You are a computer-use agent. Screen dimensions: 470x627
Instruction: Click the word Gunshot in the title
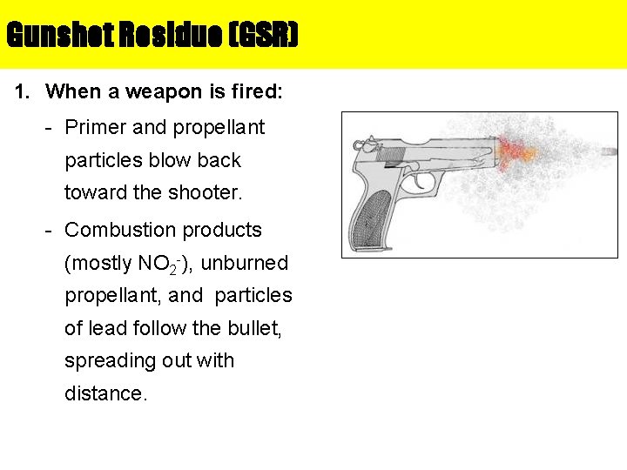click(49, 36)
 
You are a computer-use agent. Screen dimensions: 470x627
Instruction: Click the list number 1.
click(23, 91)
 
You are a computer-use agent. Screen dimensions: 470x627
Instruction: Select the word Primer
click(95, 128)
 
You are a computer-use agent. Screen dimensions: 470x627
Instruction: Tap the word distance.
click(106, 393)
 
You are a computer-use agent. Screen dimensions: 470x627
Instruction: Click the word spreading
click(108, 360)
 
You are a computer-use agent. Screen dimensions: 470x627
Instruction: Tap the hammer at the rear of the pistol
click(362, 143)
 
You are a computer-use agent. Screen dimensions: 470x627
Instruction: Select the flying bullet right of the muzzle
click(609, 151)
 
